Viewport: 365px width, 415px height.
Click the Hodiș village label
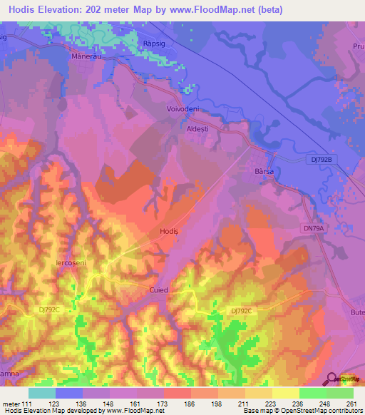169,232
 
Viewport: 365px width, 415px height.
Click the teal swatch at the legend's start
41,393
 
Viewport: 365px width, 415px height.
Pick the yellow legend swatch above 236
286,393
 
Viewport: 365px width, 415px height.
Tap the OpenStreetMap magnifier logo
332,379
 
